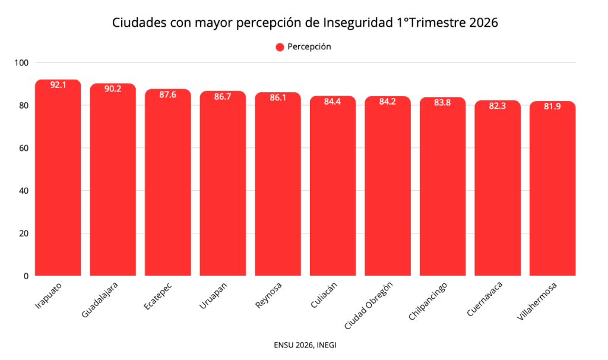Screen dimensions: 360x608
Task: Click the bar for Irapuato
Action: tap(58, 178)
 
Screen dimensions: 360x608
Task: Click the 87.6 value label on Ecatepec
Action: tap(167, 95)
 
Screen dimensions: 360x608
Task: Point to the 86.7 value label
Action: tap(223, 97)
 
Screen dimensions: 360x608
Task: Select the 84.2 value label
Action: tap(387, 102)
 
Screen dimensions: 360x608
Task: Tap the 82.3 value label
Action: tap(497, 106)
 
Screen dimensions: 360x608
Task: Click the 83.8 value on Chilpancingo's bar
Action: tap(442, 103)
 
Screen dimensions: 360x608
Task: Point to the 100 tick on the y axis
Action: tap(23, 63)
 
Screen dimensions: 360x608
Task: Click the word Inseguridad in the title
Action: tap(357, 23)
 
